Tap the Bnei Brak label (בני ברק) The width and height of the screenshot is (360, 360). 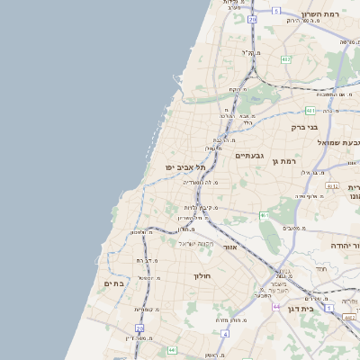click(x=305, y=127)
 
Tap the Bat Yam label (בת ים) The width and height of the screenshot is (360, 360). click(x=114, y=283)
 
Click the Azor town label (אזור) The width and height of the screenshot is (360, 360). click(x=229, y=246)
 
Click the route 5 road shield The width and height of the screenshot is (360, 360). click(x=275, y=11)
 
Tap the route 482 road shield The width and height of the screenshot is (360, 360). click(x=286, y=59)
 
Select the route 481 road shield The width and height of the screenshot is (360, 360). click(x=310, y=111)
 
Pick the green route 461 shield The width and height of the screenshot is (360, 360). click(x=263, y=216)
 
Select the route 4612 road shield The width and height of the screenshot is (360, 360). click(x=332, y=186)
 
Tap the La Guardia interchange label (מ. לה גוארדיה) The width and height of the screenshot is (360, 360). click(x=202, y=182)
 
